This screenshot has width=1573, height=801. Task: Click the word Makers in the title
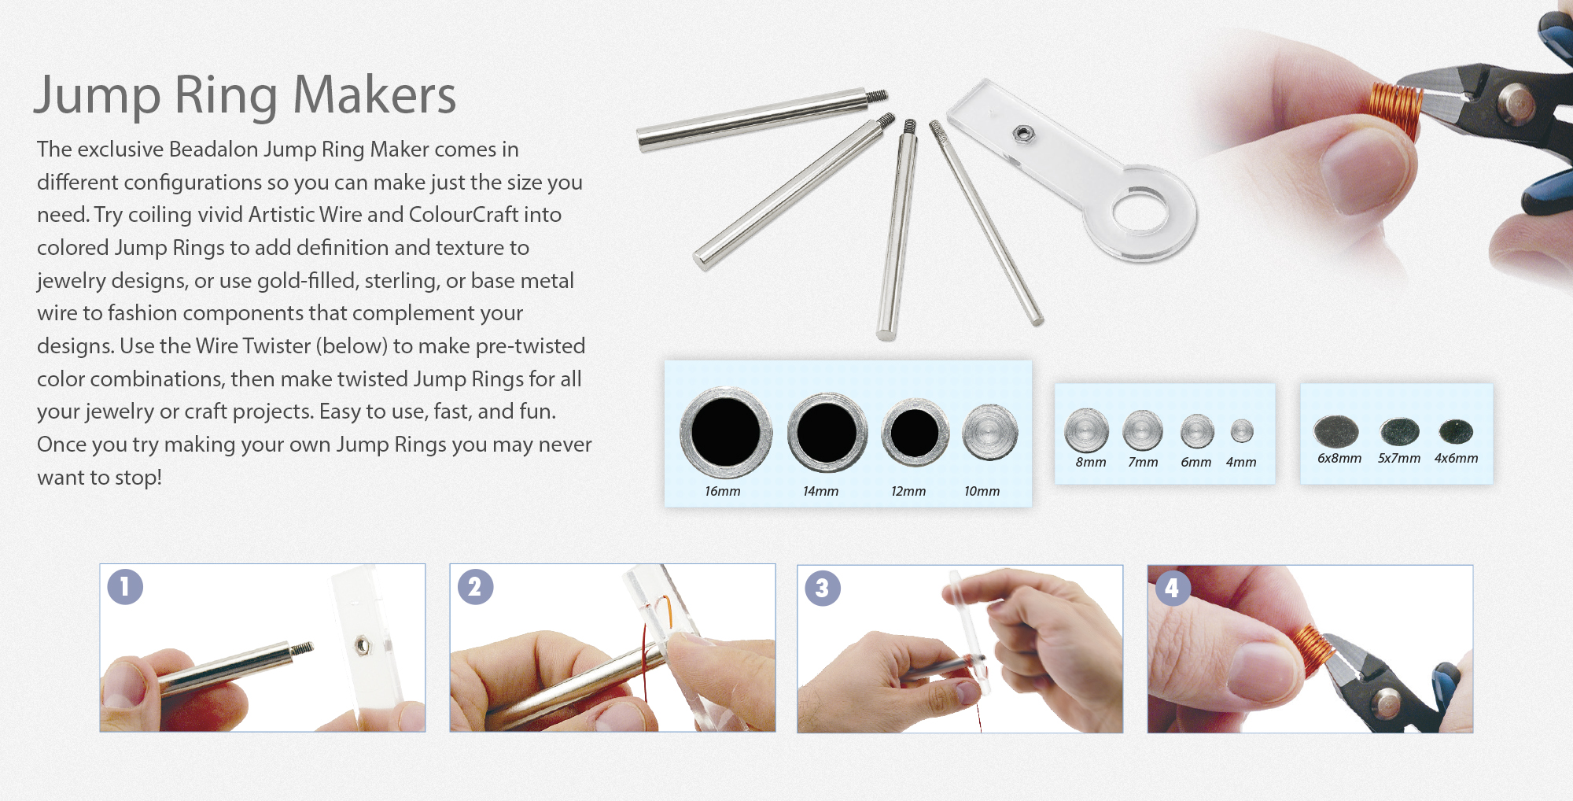pos(374,95)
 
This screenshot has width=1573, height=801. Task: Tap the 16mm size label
pos(722,491)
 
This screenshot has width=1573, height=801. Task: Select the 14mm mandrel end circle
pos(827,432)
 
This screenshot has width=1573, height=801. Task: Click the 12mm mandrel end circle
pos(914,432)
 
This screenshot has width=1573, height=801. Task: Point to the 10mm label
pos(982,491)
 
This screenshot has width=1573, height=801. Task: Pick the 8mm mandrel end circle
pos(1086,430)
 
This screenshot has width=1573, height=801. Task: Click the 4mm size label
pos(1240,462)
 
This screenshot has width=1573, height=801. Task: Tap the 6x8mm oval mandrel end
pos(1335,430)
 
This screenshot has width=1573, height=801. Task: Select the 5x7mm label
pos(1398,458)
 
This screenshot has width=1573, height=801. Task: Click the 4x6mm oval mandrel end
pos(1455,430)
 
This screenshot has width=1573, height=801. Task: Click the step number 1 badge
pos(125,587)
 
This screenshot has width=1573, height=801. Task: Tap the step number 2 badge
pos(475,587)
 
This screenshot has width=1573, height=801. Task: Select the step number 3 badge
pos(823,588)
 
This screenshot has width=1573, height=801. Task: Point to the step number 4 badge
pos(1172,588)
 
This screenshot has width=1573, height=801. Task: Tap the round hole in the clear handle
pos(1140,210)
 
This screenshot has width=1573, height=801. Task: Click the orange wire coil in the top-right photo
pos(1395,110)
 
